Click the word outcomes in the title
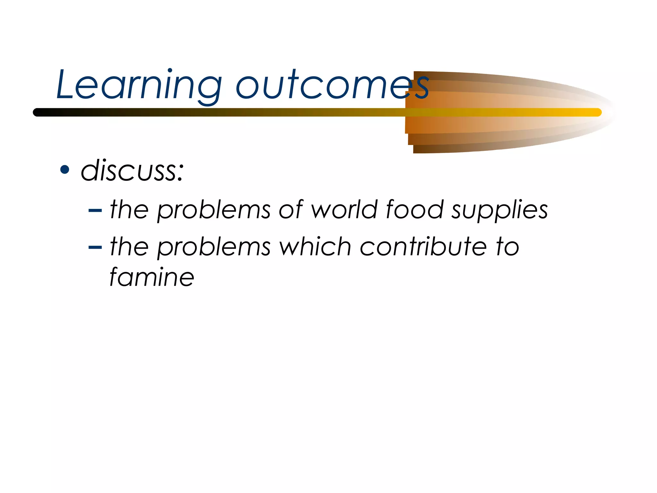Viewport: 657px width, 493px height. [x=332, y=85]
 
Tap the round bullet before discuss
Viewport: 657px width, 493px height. [x=65, y=170]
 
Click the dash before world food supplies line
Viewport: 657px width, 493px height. [x=95, y=211]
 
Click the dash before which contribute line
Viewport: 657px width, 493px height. [x=95, y=247]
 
